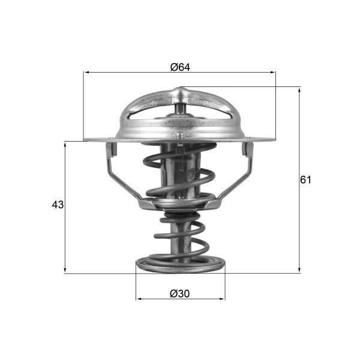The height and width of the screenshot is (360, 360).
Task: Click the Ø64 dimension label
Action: [x=180, y=67]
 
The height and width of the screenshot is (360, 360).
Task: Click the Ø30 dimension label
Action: [x=180, y=293]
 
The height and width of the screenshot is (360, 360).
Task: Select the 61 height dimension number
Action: [x=306, y=179]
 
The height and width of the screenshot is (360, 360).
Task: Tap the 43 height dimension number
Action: [x=58, y=205]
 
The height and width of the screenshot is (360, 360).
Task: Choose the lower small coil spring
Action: [x=180, y=237]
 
